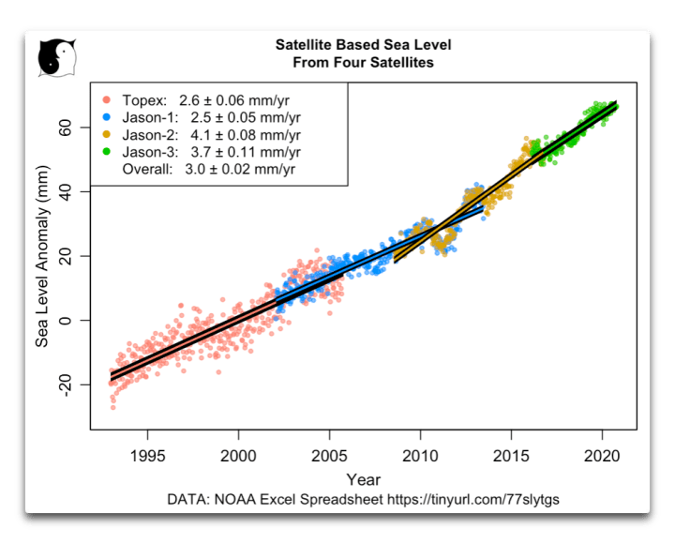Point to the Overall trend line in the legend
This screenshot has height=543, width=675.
212,170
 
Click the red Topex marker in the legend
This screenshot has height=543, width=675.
106,99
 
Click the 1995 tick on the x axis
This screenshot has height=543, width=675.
147,449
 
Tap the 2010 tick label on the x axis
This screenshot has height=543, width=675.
419,449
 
